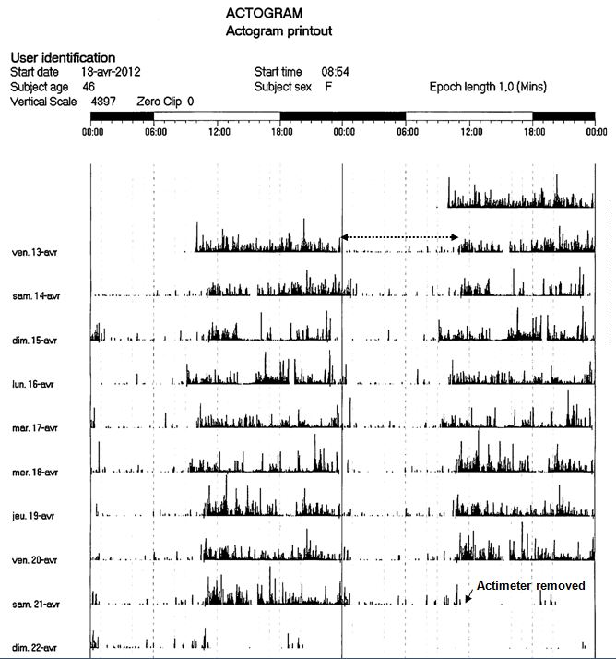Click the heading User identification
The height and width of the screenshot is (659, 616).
click(62, 57)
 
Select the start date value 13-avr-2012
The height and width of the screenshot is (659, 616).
click(111, 71)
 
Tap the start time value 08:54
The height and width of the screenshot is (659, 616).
click(335, 71)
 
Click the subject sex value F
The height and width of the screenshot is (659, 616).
click(328, 87)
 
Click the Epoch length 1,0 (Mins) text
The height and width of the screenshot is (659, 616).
click(488, 87)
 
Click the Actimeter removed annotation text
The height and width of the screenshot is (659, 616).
click(530, 586)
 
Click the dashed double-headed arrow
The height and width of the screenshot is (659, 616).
click(400, 237)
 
